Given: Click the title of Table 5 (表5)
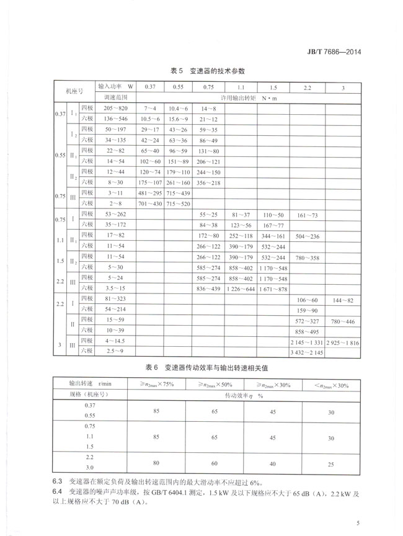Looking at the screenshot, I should (x=201, y=71).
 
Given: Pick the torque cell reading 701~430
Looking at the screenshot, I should (x=149, y=203).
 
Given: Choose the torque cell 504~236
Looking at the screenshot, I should (x=307, y=236).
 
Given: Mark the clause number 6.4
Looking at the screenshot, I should (x=57, y=493).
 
